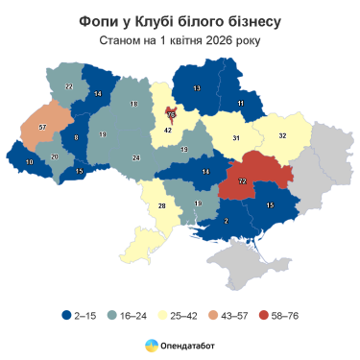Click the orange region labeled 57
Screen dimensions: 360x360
click(41, 127)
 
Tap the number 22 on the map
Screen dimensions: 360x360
click(69, 86)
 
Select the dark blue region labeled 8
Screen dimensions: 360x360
click(76, 138)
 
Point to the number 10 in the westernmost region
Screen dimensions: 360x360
click(29, 163)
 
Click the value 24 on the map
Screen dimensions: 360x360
click(136, 156)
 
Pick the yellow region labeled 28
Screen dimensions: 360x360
click(162, 206)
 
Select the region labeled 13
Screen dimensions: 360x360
click(197, 88)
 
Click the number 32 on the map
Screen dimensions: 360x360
click(282, 135)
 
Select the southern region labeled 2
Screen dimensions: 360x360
click(226, 222)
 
